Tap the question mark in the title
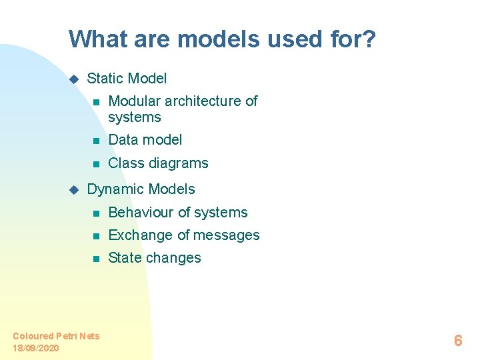tap(369, 39)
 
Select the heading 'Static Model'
tap(127, 79)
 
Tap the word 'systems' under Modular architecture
tap(134, 117)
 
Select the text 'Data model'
tap(145, 140)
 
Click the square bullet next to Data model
tap(96, 141)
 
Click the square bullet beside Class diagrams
tap(96, 164)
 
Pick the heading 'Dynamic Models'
tap(141, 189)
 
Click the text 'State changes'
tap(154, 258)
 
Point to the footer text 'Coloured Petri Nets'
tap(56, 336)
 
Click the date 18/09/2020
tap(35, 348)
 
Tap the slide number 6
tap(457, 341)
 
